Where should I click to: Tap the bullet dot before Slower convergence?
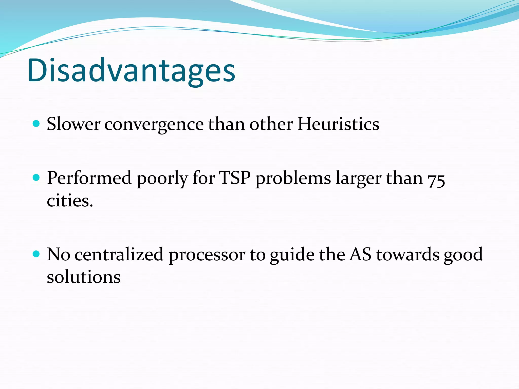click(36, 124)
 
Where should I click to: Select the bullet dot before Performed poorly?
click(36, 178)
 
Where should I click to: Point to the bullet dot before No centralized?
click(36, 254)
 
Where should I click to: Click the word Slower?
click(73, 124)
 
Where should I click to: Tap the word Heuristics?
click(338, 124)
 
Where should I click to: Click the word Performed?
click(89, 178)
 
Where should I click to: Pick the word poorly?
click(162, 179)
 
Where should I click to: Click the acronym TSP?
click(235, 178)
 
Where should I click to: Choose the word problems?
click(293, 179)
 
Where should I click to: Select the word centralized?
click(119, 255)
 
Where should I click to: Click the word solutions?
click(84, 277)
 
